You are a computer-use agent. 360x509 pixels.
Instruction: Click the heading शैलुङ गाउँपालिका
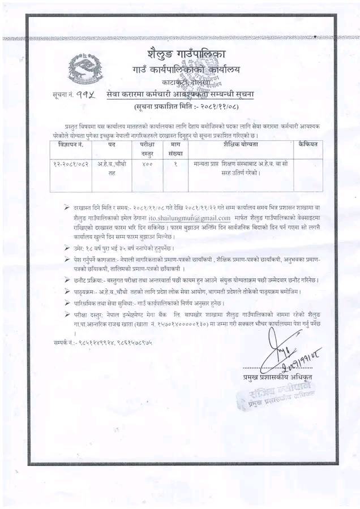[186, 55]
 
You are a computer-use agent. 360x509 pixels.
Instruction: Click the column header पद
[112, 145]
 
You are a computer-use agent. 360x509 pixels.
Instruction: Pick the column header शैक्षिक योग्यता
[240, 145]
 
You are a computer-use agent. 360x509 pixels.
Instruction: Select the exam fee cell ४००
[147, 165]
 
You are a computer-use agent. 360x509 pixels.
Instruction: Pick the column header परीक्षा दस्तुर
[147, 149]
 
